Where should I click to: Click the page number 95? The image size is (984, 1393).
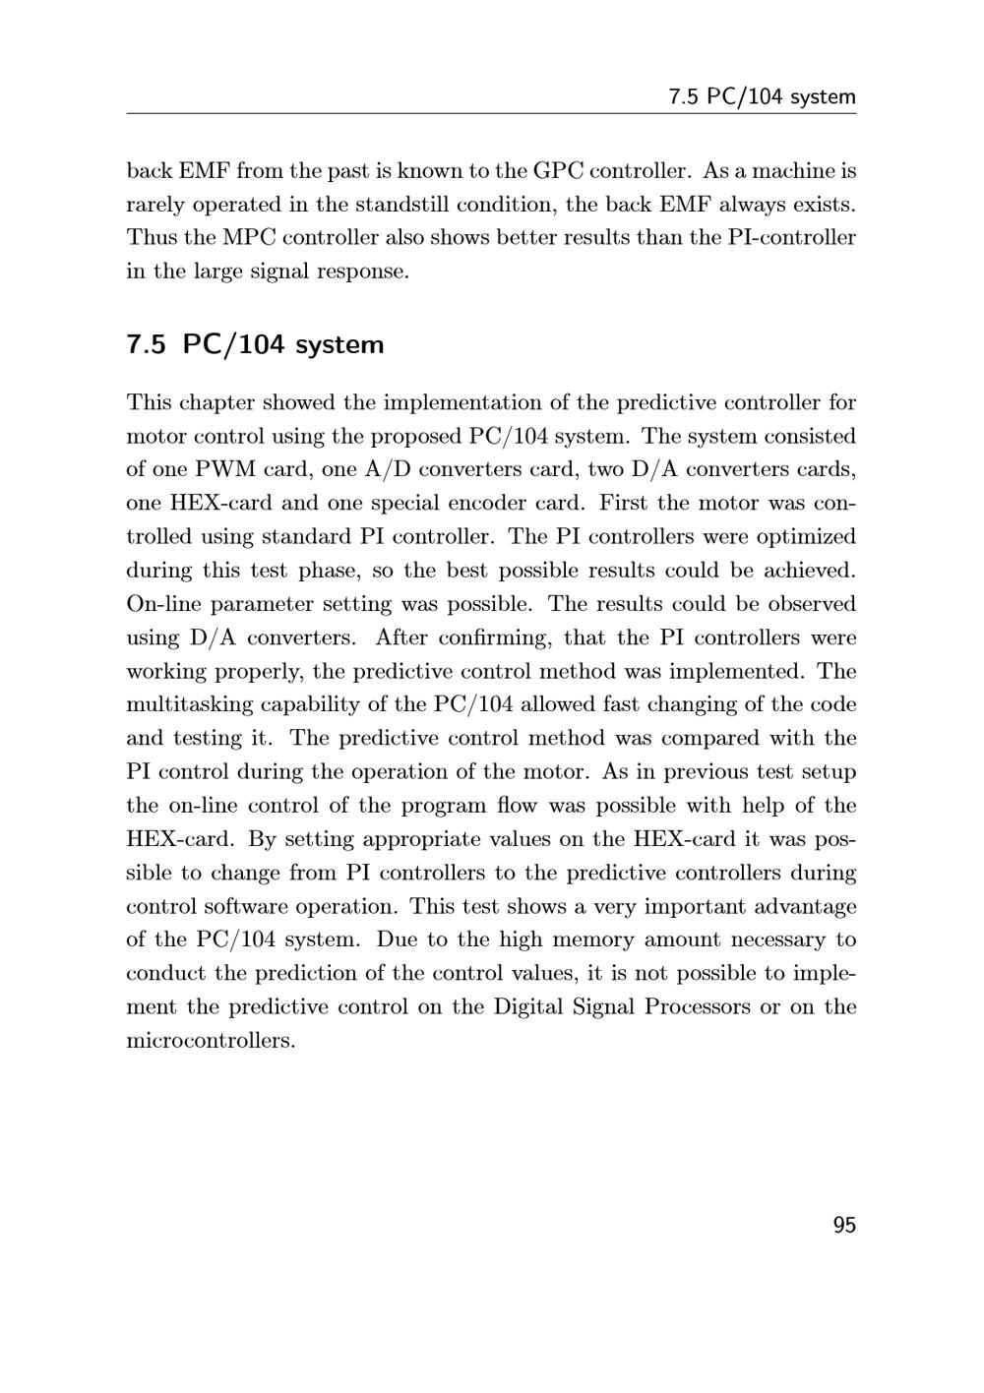[x=844, y=1225]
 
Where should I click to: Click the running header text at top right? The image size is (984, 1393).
[x=762, y=96]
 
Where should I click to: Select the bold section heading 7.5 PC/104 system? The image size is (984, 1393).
[x=255, y=345]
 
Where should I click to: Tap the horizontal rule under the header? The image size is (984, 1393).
[x=491, y=114]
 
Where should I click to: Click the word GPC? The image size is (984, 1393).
[x=558, y=171]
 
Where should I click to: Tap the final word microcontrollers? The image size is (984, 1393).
[x=211, y=1040]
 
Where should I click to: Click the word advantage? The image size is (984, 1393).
[x=803, y=906]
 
